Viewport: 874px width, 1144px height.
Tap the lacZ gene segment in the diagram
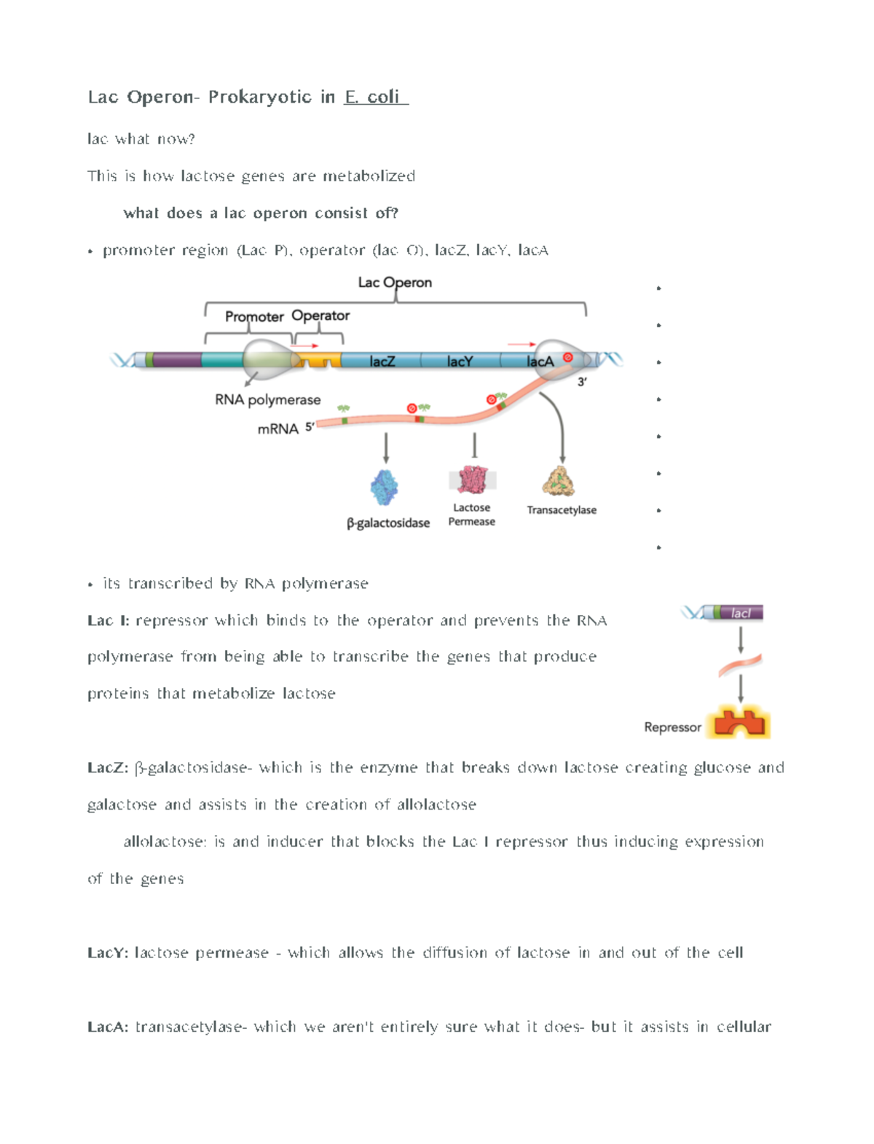pyautogui.click(x=382, y=361)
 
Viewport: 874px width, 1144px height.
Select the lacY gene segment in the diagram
pyautogui.click(x=460, y=361)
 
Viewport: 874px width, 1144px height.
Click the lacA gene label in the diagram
pyautogui.click(x=540, y=361)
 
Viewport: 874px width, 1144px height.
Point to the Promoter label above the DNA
pyautogui.click(x=253, y=316)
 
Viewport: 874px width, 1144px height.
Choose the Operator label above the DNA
pyautogui.click(x=320, y=316)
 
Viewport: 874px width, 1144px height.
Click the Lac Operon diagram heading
pyautogui.click(x=395, y=282)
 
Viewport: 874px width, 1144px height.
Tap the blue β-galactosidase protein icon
pyautogui.click(x=384, y=487)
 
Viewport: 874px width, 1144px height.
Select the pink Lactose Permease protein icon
pyautogui.click(x=473, y=480)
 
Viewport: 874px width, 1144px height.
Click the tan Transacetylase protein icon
pyautogui.click(x=559, y=481)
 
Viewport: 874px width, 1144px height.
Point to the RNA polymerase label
pyautogui.click(x=267, y=399)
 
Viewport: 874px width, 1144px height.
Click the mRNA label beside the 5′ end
pyautogui.click(x=277, y=429)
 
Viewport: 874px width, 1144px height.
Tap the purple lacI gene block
pyautogui.click(x=741, y=613)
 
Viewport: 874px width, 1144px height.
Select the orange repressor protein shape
pyautogui.click(x=739, y=723)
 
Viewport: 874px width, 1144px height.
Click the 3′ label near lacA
pyautogui.click(x=582, y=382)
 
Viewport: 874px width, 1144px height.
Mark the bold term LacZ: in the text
pyautogui.click(x=108, y=767)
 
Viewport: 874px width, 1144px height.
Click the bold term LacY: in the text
pyautogui.click(x=108, y=952)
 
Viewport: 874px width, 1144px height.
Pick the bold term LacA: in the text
pyautogui.click(x=108, y=1027)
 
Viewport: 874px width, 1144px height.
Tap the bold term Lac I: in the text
pyautogui.click(x=108, y=620)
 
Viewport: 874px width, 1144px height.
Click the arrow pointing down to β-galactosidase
pyautogui.click(x=386, y=448)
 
